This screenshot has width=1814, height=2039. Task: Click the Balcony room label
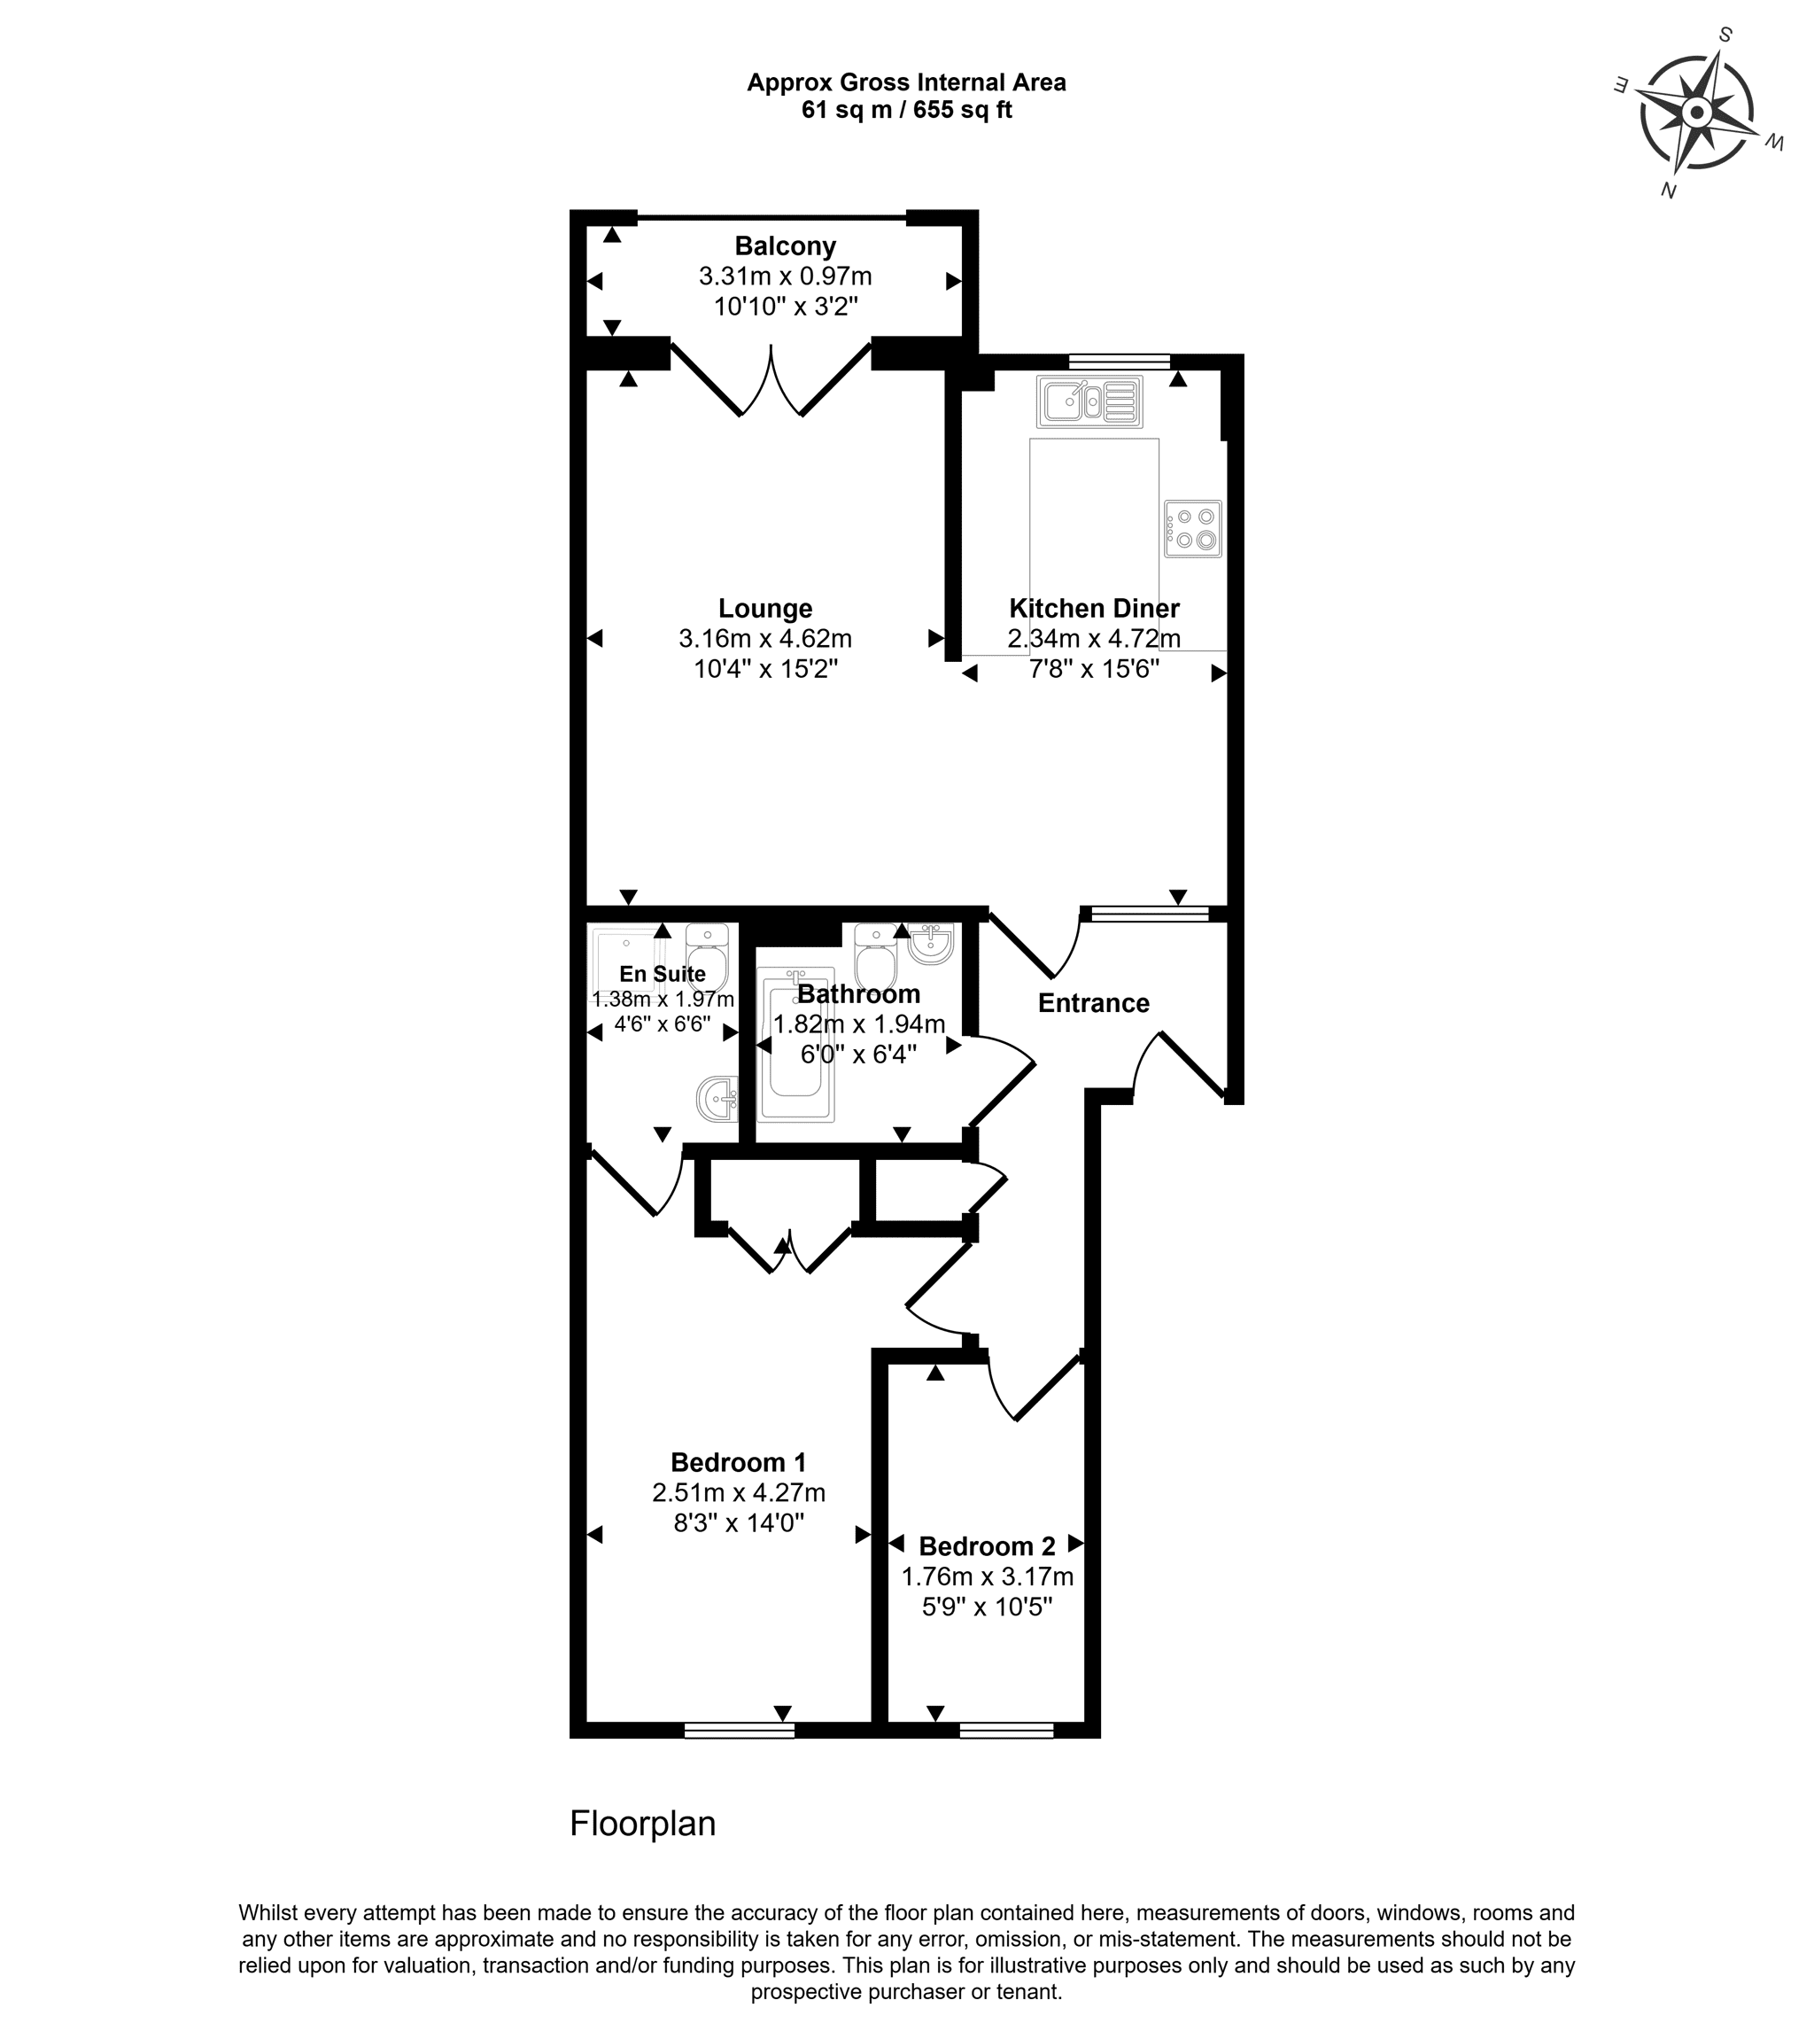point(785,245)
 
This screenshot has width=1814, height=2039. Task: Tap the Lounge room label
point(765,609)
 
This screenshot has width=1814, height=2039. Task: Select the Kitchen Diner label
point(1094,609)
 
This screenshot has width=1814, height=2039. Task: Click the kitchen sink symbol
point(1089,401)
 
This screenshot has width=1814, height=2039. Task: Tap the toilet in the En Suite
point(707,957)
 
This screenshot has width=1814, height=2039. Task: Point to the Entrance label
point(1093,1003)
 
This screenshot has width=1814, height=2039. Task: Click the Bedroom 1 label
point(738,1463)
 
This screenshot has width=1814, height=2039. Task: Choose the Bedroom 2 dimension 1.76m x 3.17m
point(988,1577)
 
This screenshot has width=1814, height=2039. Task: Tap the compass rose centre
point(1695,112)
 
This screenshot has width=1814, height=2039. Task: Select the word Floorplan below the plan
point(642,1825)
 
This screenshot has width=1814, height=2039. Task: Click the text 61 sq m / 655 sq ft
point(906,111)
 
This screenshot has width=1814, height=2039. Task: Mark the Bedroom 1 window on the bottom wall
point(739,1731)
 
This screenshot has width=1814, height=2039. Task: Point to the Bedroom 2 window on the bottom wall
point(1006,1731)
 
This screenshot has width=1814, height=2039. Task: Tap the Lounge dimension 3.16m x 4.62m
point(765,638)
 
